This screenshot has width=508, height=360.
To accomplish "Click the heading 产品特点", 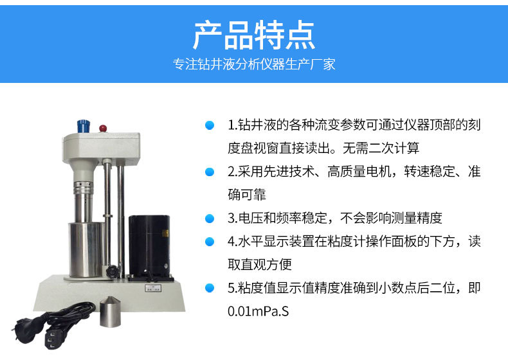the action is [254, 35].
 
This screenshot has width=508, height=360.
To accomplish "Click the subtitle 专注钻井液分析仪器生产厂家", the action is [254, 64].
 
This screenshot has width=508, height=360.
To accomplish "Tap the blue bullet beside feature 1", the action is [210, 125].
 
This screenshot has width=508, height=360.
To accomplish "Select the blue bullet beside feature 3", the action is [210, 219].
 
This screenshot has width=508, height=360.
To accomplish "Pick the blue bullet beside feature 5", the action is [210, 288].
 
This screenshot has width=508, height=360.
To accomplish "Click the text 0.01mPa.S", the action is [259, 311].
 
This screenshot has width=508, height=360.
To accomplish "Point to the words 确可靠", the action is [247, 195].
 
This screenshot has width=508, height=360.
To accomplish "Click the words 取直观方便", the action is [260, 264].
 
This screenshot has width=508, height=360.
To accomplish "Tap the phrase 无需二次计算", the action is [381, 148].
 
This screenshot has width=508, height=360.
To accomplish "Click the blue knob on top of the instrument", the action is [83, 126].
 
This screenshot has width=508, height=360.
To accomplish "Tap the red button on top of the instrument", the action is [103, 129].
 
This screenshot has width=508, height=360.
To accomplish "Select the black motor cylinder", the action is [149, 246].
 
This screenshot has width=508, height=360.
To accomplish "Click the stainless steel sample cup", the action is [87, 249].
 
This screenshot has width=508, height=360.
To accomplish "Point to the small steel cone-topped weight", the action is [110, 312].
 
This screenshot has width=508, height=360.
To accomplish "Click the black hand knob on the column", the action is [112, 271].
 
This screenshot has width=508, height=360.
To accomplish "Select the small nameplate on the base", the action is [153, 288].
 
